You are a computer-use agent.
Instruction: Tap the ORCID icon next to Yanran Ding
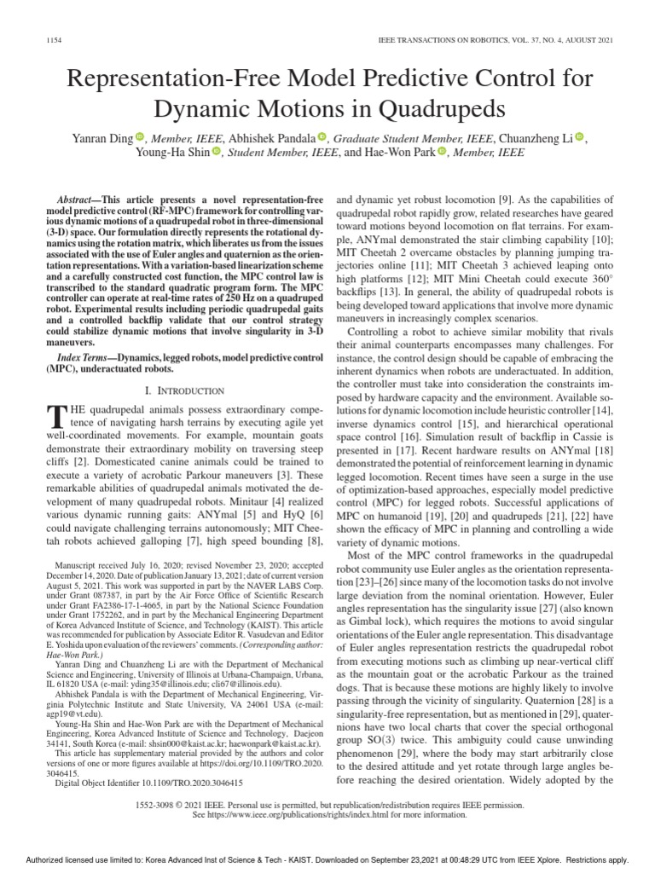140,137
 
